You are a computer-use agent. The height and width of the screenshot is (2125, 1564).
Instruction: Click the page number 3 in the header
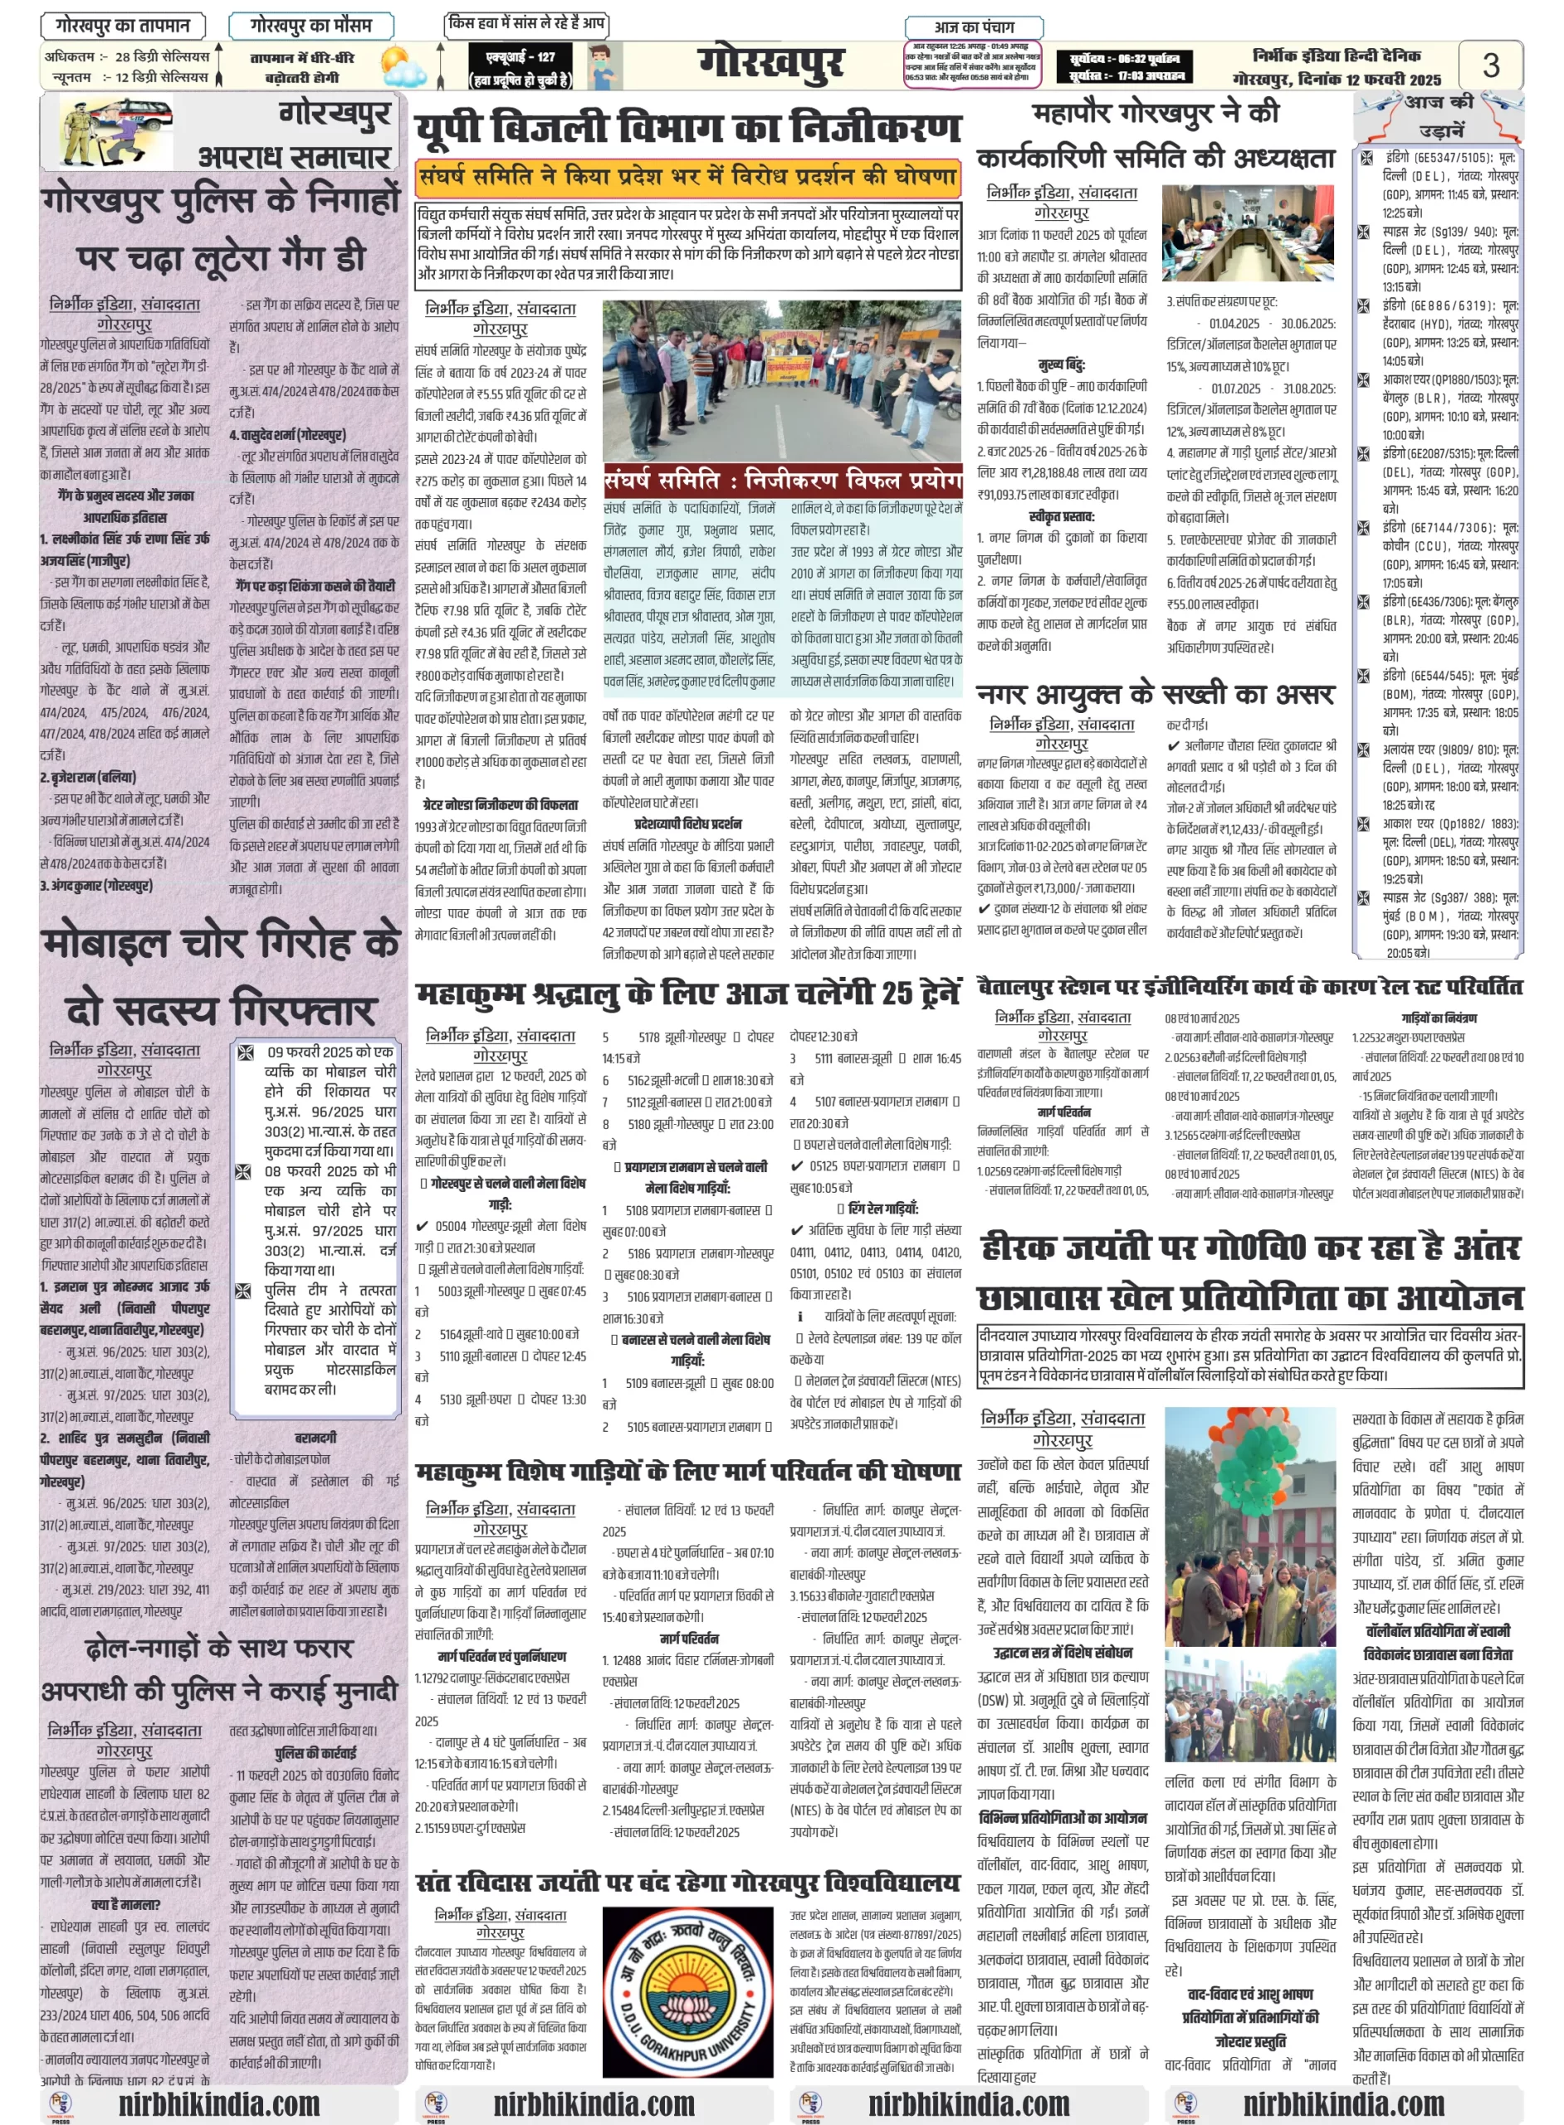tap(1490, 66)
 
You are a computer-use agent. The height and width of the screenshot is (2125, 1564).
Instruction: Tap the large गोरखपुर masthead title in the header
tap(770, 65)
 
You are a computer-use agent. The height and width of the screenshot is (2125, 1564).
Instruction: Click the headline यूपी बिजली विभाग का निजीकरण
tap(688, 129)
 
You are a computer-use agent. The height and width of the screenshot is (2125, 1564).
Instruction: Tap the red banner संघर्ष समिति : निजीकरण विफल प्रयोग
tap(783, 480)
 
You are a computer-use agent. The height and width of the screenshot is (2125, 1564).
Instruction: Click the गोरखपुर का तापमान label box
tap(123, 26)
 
